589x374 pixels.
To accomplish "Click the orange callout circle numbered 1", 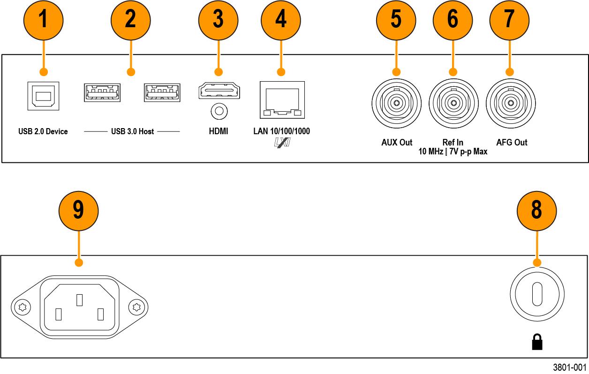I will coord(43,20).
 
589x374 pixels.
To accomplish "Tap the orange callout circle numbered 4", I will coord(281,20).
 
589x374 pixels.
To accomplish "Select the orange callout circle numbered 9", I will coord(78,210).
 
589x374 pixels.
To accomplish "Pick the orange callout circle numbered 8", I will coord(536,210).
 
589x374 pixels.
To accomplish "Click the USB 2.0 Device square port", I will coord(43,96).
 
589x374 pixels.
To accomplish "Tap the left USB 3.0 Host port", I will coord(102,92).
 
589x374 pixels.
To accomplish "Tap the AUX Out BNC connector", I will coord(396,102).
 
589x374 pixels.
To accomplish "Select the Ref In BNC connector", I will coord(453,102).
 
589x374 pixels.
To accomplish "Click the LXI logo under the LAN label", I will coord(282,142).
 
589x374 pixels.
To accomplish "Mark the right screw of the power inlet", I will coord(137,307).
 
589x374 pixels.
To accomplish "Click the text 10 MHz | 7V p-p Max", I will coord(453,152).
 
